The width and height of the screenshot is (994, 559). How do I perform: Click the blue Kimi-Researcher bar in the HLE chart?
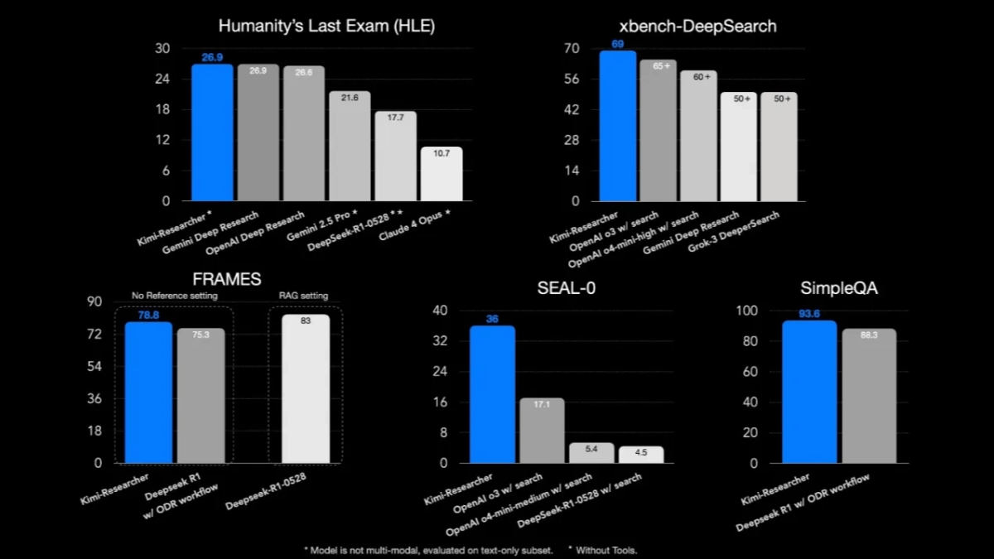(212, 133)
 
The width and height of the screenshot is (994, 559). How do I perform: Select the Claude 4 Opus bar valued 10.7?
(442, 174)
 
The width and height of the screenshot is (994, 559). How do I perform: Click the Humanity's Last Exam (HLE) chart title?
(326, 27)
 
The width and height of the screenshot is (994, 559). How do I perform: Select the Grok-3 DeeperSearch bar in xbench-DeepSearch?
(779, 147)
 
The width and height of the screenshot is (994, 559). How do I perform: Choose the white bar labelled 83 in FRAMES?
(306, 389)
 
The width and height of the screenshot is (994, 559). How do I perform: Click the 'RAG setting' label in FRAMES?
(304, 296)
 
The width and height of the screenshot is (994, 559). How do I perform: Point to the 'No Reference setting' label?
(175, 296)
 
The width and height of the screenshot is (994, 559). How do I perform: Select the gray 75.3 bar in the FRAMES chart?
(200, 396)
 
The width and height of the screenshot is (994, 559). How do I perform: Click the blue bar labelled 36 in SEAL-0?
(492, 394)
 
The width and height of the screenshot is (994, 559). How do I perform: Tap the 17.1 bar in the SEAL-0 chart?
(542, 431)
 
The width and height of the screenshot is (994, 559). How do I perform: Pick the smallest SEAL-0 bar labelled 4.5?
(641, 455)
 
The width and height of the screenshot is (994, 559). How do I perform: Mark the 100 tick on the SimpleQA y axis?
(748, 311)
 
